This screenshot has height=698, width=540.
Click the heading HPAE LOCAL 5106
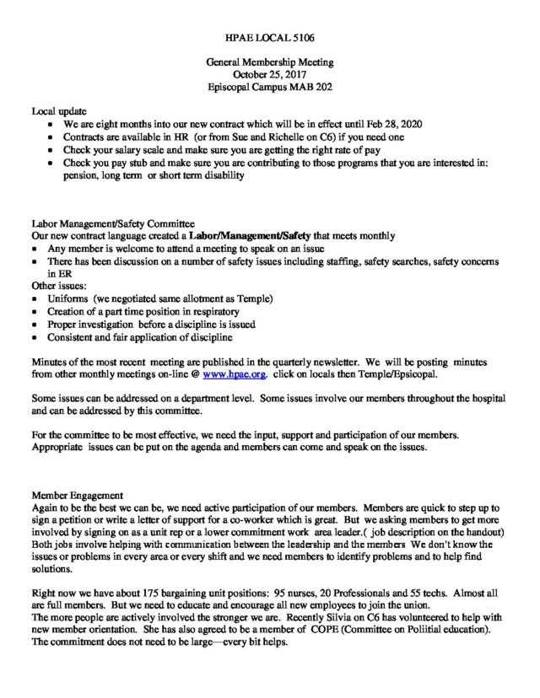click(x=269, y=39)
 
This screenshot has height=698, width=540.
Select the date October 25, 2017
click(x=269, y=74)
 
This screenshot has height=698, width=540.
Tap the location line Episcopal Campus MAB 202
click(x=269, y=86)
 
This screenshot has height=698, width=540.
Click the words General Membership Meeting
click(x=269, y=62)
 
